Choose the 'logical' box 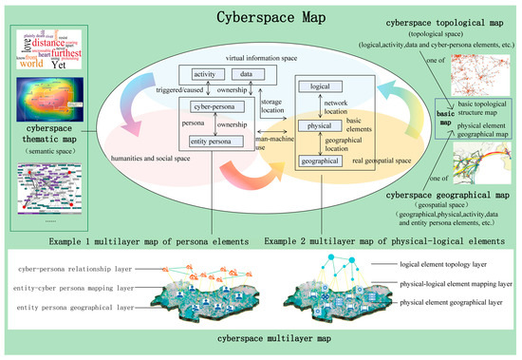tap(320, 86)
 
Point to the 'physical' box tap(320, 124)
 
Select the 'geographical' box tap(320, 162)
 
